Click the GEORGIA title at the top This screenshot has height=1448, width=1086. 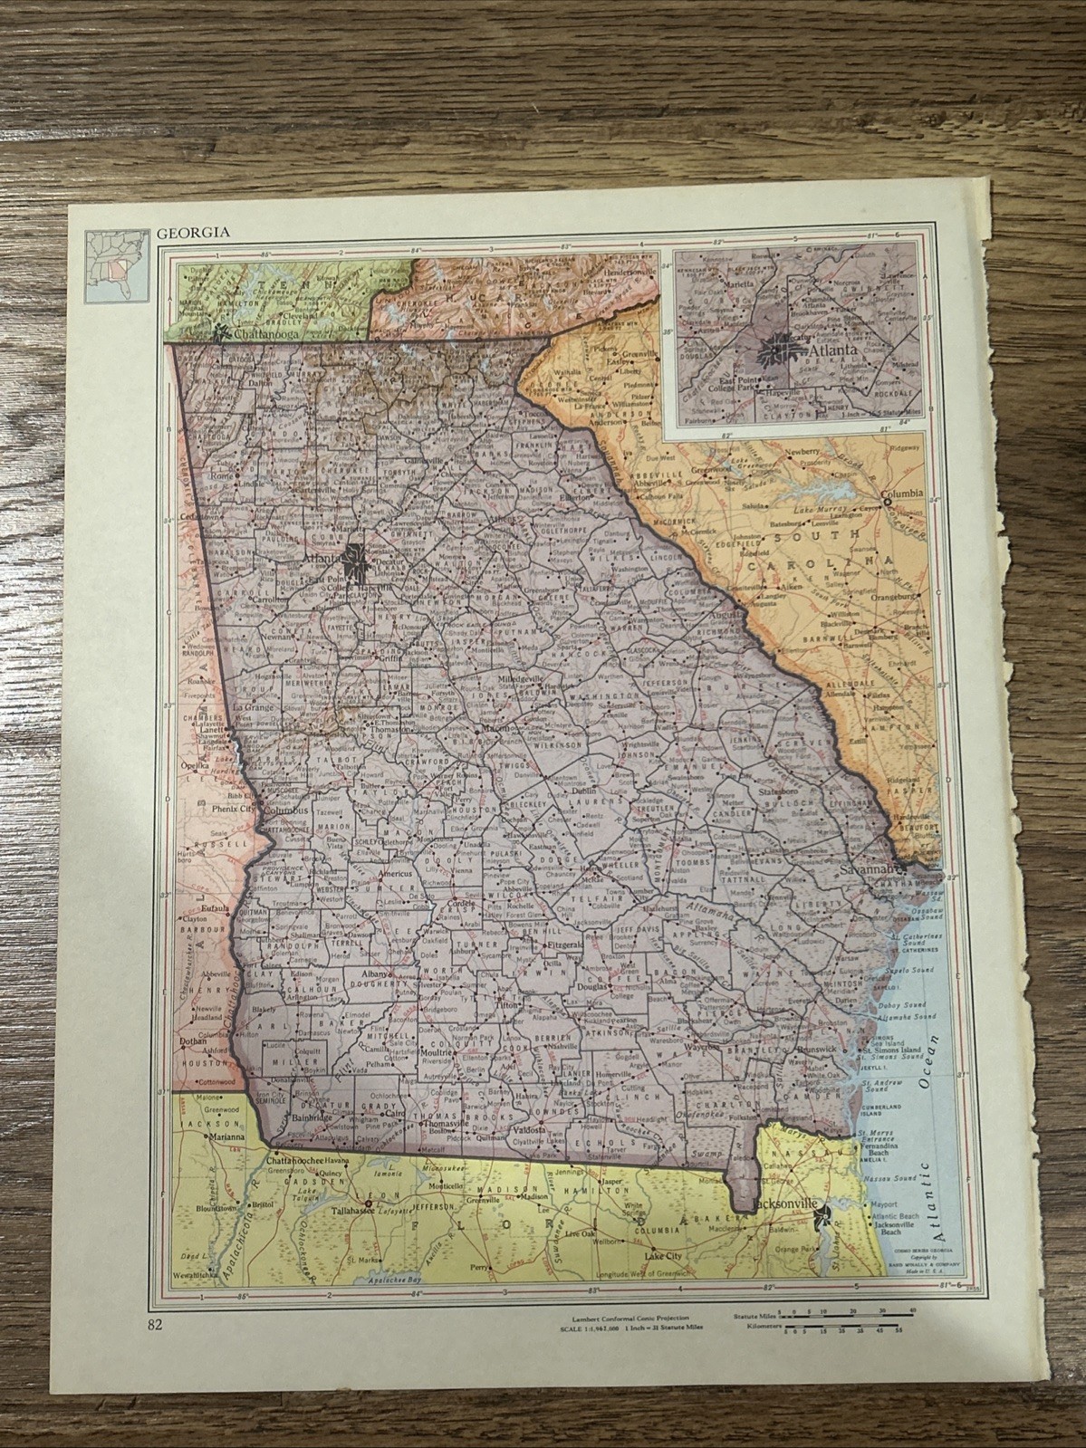click(193, 232)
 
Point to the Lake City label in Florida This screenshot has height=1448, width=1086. click(664, 1257)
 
